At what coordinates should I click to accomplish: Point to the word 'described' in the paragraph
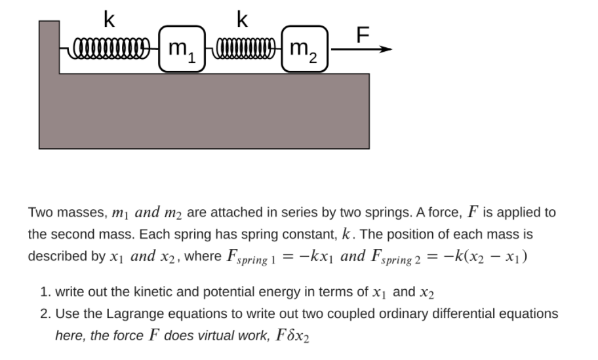[x=55, y=256]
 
